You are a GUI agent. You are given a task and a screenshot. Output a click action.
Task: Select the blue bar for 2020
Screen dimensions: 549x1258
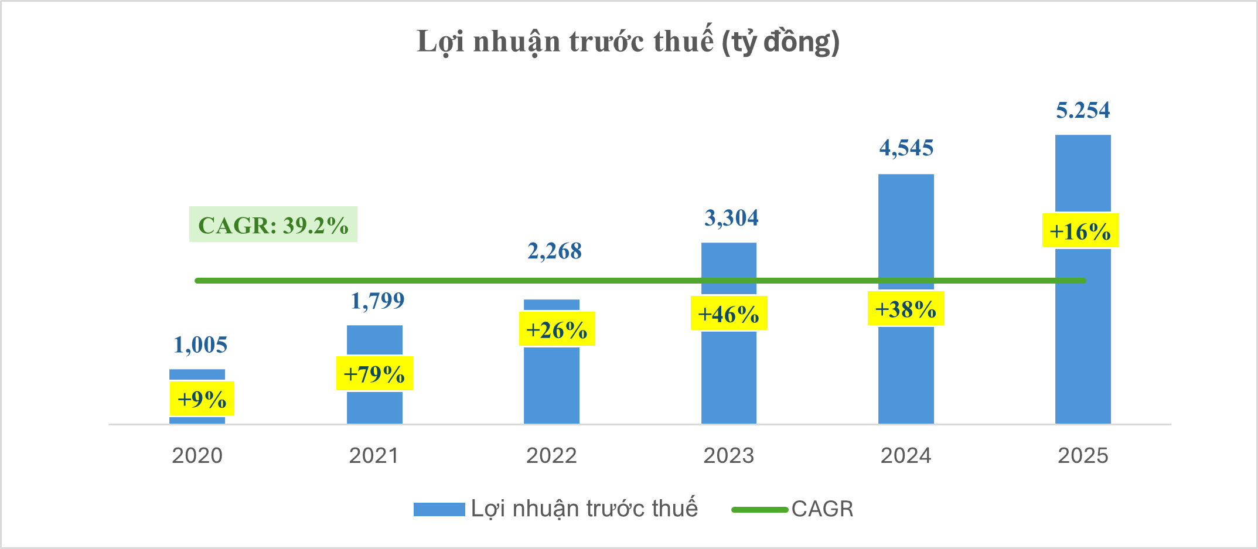click(x=197, y=375)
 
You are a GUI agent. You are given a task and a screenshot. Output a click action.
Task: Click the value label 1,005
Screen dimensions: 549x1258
click(x=200, y=345)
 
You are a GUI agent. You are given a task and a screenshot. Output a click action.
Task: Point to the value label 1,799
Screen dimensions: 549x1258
click(x=377, y=301)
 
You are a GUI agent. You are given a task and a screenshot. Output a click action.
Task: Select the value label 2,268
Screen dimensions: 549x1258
click(x=554, y=251)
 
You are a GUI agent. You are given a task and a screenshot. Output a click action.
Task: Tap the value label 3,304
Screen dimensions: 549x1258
click(x=731, y=218)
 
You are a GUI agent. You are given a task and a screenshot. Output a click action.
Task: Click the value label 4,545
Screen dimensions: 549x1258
click(x=906, y=148)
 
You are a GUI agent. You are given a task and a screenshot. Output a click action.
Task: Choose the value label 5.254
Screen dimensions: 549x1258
click(x=1083, y=110)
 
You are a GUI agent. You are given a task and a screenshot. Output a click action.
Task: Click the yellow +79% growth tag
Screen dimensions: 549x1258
click(x=374, y=373)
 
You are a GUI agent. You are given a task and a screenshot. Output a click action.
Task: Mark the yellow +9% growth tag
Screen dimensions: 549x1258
click(x=202, y=399)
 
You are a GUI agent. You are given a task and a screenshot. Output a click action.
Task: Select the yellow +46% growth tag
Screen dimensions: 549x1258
click(x=728, y=314)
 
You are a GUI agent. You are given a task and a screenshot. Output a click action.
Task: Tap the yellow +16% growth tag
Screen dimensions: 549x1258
click(x=1080, y=231)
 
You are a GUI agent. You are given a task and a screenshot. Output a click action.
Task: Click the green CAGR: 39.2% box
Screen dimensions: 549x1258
click(x=273, y=224)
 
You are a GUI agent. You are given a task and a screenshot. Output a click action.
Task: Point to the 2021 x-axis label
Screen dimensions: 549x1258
click(x=374, y=455)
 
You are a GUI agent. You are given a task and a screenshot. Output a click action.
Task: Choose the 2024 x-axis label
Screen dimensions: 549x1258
click(x=906, y=455)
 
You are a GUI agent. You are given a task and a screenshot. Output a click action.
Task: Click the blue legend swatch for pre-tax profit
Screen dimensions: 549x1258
click(x=439, y=509)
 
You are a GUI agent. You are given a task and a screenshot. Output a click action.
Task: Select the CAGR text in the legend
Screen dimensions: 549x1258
click(x=822, y=509)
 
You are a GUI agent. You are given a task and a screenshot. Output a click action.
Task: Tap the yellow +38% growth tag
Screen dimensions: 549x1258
click(x=905, y=309)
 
